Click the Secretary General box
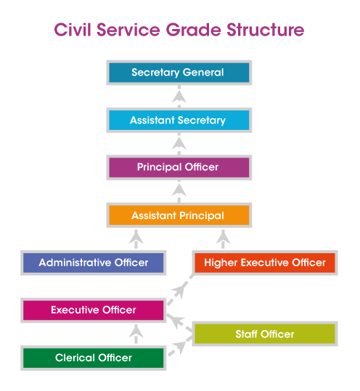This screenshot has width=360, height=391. click(x=179, y=73)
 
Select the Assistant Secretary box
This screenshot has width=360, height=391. click(x=179, y=120)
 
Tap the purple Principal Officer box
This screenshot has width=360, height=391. click(x=179, y=168)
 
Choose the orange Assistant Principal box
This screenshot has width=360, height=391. click(x=179, y=215)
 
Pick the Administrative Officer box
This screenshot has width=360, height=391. click(x=94, y=263)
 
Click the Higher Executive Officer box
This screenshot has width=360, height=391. click(x=265, y=263)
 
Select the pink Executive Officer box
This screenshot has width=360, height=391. click(x=94, y=310)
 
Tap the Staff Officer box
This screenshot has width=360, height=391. click(x=265, y=334)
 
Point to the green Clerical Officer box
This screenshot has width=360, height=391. click(x=94, y=358)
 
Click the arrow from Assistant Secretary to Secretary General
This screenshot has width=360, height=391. click(x=179, y=96)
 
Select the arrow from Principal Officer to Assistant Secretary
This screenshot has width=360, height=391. click(x=179, y=144)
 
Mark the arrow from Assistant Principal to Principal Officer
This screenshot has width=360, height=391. click(x=179, y=192)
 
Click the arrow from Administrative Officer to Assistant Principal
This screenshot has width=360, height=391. click(x=136, y=239)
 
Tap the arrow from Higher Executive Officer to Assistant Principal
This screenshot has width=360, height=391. click(x=223, y=239)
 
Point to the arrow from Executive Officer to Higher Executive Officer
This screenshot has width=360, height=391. click(x=180, y=289)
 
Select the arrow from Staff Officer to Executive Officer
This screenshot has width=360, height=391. click(x=179, y=323)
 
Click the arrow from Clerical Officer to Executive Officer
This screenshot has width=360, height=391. click(x=136, y=334)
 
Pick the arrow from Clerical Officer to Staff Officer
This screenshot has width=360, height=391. click(x=180, y=346)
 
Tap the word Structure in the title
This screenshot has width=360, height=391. click(x=266, y=30)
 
